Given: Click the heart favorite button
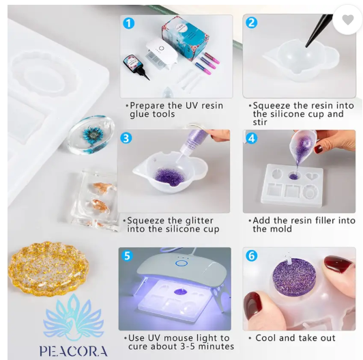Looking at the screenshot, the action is tap(348, 20).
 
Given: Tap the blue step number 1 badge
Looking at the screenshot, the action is tap(128, 23).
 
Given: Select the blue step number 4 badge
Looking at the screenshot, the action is tap(251, 139).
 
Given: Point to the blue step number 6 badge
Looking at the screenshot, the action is tap(251, 255).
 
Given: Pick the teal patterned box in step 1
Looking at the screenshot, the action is tap(185, 38).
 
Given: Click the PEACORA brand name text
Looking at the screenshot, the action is tap(74, 351).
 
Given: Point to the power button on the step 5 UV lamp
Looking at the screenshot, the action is tap(181, 263).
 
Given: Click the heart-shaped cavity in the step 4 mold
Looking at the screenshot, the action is tap(312, 177).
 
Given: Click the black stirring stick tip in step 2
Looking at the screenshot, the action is tap(307, 46).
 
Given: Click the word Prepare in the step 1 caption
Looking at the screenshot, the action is tap(147, 106).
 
